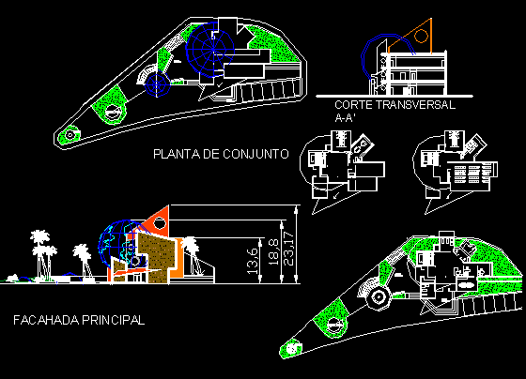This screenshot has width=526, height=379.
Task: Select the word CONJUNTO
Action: point(255,154)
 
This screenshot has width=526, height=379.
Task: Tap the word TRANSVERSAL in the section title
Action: point(415,105)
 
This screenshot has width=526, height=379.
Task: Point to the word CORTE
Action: point(353,105)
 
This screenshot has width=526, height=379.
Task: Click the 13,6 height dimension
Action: point(253,261)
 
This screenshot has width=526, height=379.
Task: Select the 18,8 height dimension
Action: point(273,252)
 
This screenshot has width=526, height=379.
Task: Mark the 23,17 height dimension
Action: point(288,249)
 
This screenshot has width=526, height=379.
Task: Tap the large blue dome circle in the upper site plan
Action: point(210,50)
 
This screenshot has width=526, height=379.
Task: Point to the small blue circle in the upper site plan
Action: point(157,84)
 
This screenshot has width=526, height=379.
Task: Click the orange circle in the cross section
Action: point(421,36)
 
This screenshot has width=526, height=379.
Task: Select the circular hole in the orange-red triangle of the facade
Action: point(159,222)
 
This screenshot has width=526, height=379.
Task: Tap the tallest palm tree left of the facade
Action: point(40,254)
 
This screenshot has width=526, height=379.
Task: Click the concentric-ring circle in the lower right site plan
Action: point(378,296)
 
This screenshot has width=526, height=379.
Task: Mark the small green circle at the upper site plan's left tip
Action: point(70,135)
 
